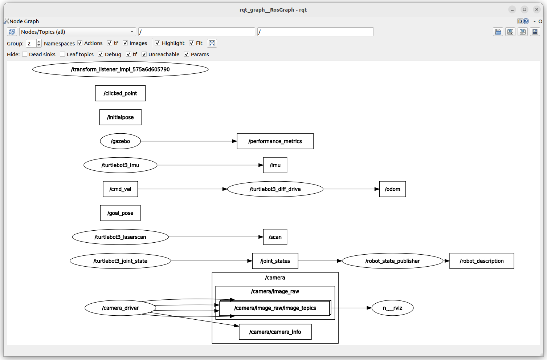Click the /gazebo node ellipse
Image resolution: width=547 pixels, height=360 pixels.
pyautogui.click(x=121, y=141)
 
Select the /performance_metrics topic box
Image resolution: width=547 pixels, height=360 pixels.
pyautogui.click(x=275, y=141)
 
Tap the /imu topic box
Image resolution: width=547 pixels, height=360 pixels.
pyautogui.click(x=275, y=165)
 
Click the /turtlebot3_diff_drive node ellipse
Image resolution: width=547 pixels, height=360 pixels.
pyautogui.click(x=275, y=189)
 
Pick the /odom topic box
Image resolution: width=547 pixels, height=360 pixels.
pyautogui.click(x=392, y=189)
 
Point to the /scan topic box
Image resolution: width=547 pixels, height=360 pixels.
pyautogui.click(x=275, y=237)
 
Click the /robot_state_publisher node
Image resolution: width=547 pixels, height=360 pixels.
pyautogui.click(x=392, y=261)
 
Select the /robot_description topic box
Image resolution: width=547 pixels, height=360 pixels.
pyautogui.click(x=482, y=261)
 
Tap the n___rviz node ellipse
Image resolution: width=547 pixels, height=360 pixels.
pyautogui.click(x=392, y=308)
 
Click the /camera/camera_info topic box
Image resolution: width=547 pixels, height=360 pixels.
pyautogui.click(x=275, y=332)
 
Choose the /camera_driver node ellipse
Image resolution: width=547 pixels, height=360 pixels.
pyautogui.click(x=121, y=308)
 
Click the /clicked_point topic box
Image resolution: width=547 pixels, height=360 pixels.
pyautogui.click(x=121, y=93)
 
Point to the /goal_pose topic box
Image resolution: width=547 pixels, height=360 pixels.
pyautogui.click(x=121, y=213)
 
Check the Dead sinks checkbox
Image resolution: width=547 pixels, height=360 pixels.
pyautogui.click(x=25, y=54)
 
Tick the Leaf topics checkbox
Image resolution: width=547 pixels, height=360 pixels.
pyautogui.click(x=62, y=54)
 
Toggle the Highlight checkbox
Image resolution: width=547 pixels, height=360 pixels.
pyautogui.click(x=158, y=43)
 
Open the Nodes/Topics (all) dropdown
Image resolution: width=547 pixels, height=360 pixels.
pyautogui.click(x=77, y=32)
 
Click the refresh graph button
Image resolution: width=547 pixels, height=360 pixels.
pyautogui.click(x=12, y=32)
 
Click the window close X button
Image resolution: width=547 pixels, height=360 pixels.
pyautogui.click(x=537, y=9)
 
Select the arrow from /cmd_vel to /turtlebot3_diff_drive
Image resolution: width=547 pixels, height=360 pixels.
pyautogui.click(x=183, y=189)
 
